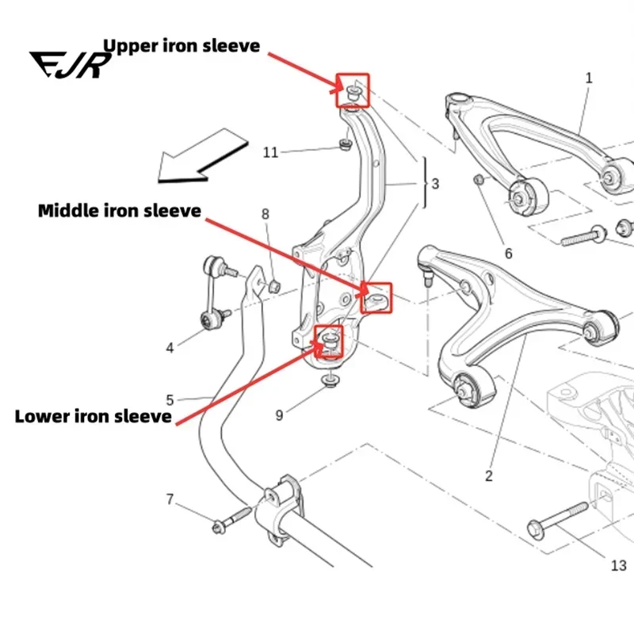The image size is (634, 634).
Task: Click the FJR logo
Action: pos(71,65)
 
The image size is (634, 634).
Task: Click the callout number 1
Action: pos(589,78)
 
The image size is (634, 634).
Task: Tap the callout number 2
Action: pos(489,476)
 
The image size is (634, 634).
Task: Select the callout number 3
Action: pos(435,184)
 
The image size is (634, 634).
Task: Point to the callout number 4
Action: pos(170,348)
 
